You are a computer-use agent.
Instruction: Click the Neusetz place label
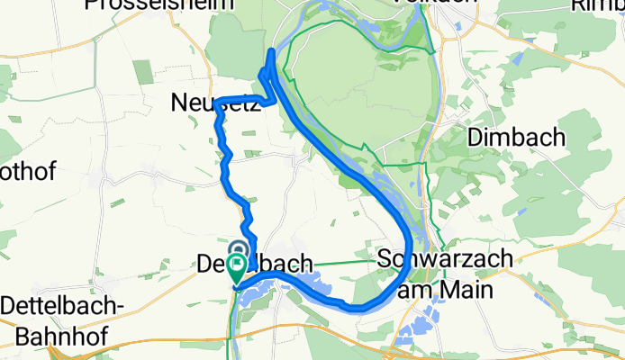(x=215, y=104)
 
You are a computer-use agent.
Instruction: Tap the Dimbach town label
(x=516, y=138)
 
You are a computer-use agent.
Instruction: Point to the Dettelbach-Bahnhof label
(x=62, y=319)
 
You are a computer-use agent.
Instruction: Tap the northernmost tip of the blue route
(x=272, y=51)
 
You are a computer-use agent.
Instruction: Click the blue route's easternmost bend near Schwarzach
(x=410, y=245)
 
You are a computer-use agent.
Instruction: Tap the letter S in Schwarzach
(x=385, y=259)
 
